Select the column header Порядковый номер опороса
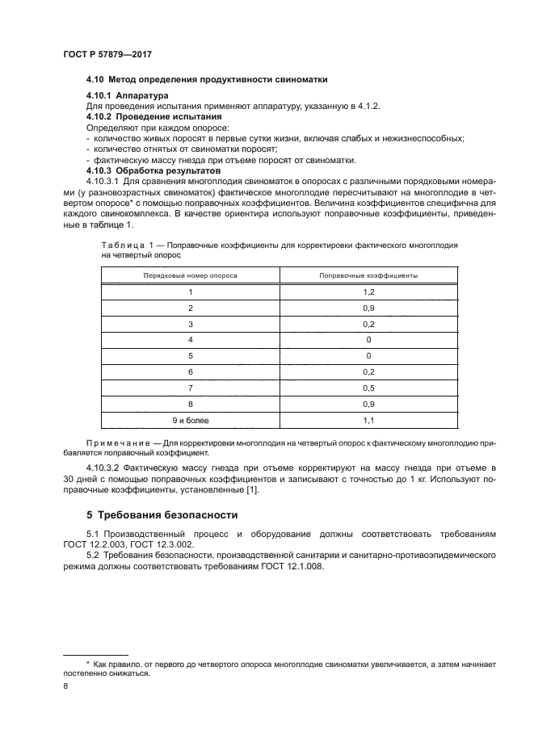(x=191, y=275)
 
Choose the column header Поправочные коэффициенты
(x=368, y=275)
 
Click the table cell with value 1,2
(x=368, y=292)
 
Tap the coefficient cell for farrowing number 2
(x=368, y=308)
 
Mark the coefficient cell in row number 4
(x=368, y=340)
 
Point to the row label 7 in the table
(x=191, y=388)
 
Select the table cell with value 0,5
(x=368, y=388)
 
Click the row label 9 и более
(x=191, y=420)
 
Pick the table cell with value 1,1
(x=368, y=420)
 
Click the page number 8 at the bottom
(x=65, y=686)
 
